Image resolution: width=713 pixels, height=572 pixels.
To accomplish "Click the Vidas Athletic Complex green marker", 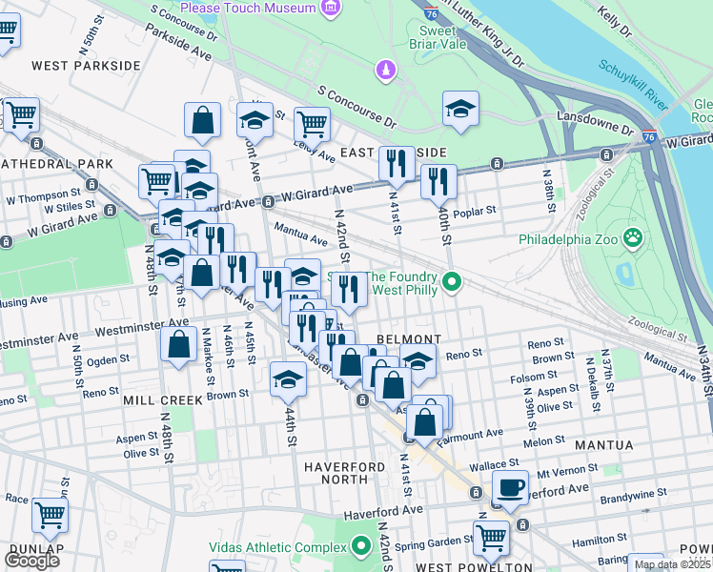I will (x=360, y=547).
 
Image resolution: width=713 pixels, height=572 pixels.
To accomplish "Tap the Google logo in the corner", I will (x=31, y=561).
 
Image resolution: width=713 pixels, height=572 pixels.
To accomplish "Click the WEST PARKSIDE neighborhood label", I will (x=86, y=66).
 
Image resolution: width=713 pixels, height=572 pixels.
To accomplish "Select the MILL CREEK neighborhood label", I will (x=158, y=401).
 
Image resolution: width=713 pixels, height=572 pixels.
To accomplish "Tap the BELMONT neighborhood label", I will (x=408, y=339).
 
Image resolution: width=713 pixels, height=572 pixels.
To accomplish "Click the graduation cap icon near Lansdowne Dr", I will (x=460, y=110).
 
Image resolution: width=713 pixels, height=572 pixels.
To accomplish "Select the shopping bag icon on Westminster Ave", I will (x=178, y=344).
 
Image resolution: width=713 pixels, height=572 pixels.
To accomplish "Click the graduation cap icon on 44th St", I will (x=289, y=379).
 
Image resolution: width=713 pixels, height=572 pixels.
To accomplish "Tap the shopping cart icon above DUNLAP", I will (x=50, y=515).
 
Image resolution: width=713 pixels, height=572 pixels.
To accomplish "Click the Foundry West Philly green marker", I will (x=454, y=281).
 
